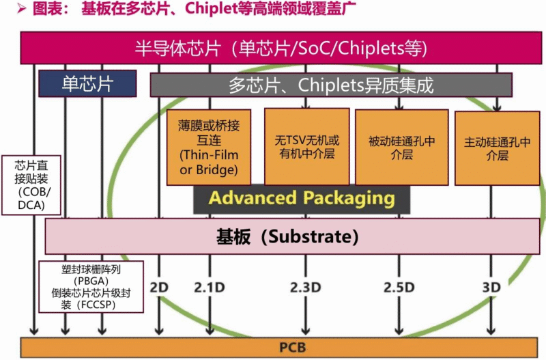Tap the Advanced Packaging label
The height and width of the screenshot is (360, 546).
click(x=302, y=198)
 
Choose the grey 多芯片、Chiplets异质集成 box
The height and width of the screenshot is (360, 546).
click(x=331, y=85)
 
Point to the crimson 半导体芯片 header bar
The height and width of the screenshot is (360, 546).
click(x=280, y=49)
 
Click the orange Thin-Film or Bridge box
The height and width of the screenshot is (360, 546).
click(x=209, y=147)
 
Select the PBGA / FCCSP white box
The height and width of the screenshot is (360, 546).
click(x=91, y=286)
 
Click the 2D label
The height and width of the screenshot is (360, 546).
click(x=158, y=287)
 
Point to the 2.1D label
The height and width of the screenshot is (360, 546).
click(x=210, y=287)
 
